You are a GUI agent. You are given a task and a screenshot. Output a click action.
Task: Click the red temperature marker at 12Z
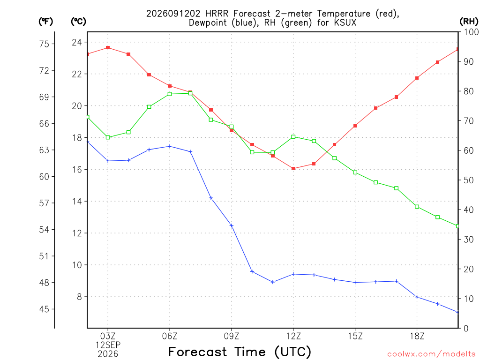pos(293,168)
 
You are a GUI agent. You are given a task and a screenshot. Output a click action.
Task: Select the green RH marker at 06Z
pos(170,94)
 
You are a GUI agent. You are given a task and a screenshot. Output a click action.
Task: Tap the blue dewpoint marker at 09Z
pos(232,225)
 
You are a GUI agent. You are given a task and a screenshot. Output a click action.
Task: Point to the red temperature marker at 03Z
pos(108,48)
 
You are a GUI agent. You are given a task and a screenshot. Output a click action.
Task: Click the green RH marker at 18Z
pos(417,207)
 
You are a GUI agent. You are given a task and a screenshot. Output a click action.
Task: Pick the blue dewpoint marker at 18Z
pos(417,297)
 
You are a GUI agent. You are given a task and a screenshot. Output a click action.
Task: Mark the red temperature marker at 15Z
pos(355,126)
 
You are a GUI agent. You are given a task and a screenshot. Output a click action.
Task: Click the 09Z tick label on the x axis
pos(232,337)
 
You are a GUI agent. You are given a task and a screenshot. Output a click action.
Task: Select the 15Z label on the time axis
pos(355,337)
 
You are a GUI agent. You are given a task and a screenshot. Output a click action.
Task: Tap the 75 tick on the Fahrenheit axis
pos(44,44)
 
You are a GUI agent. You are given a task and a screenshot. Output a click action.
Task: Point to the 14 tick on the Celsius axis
pos(77,202)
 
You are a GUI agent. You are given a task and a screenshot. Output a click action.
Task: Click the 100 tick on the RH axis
pos(471,32)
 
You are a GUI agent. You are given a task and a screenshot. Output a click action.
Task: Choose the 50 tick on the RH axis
pos(468,180)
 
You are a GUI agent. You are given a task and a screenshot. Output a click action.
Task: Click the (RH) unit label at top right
pos(469,21)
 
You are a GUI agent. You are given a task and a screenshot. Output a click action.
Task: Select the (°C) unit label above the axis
pos(78,21)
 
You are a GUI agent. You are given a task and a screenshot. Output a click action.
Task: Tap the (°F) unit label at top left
pos(45,21)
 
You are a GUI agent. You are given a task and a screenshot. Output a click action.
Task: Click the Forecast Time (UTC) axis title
pos(240,352)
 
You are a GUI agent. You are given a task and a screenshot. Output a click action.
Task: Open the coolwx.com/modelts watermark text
pos(431,354)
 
